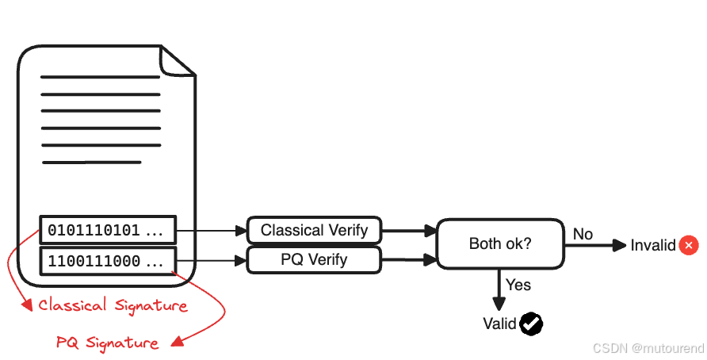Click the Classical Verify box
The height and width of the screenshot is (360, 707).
coord(314,231)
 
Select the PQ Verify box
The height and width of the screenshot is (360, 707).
coord(314,259)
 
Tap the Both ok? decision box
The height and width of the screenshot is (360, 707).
coord(500,244)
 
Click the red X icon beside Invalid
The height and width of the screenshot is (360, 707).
coord(689,246)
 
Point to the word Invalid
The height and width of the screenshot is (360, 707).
coord(653,246)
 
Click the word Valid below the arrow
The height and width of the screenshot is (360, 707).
coord(499,324)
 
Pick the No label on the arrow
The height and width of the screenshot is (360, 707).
coord(583,234)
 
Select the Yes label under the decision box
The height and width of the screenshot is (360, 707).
coord(518,285)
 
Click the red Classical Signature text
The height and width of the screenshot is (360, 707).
coord(113,305)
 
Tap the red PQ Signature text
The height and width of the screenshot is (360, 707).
coord(107,343)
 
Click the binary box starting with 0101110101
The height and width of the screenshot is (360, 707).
coord(107,231)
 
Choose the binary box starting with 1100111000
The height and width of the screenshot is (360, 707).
coord(107,260)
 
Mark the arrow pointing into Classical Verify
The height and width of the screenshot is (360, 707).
coord(211,231)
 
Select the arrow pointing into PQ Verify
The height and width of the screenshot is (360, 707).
coord(211,259)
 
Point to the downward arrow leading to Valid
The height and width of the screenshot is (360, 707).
coord(499,290)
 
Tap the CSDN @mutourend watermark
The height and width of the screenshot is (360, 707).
coord(647,347)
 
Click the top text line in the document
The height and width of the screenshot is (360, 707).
coord(100,77)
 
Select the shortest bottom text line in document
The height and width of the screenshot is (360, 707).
coord(91,163)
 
